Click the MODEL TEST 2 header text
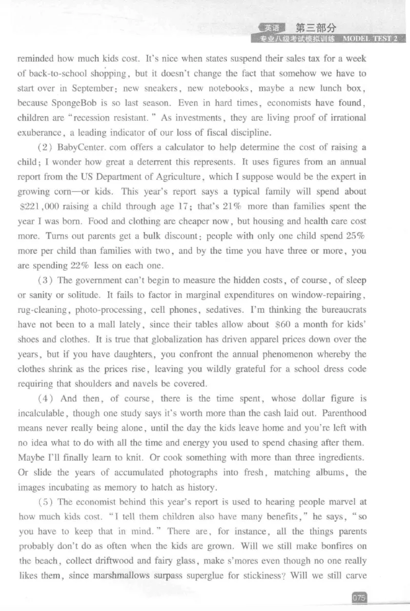coord(370,38)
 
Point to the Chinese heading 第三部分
coord(316,28)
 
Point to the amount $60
coord(285,325)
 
